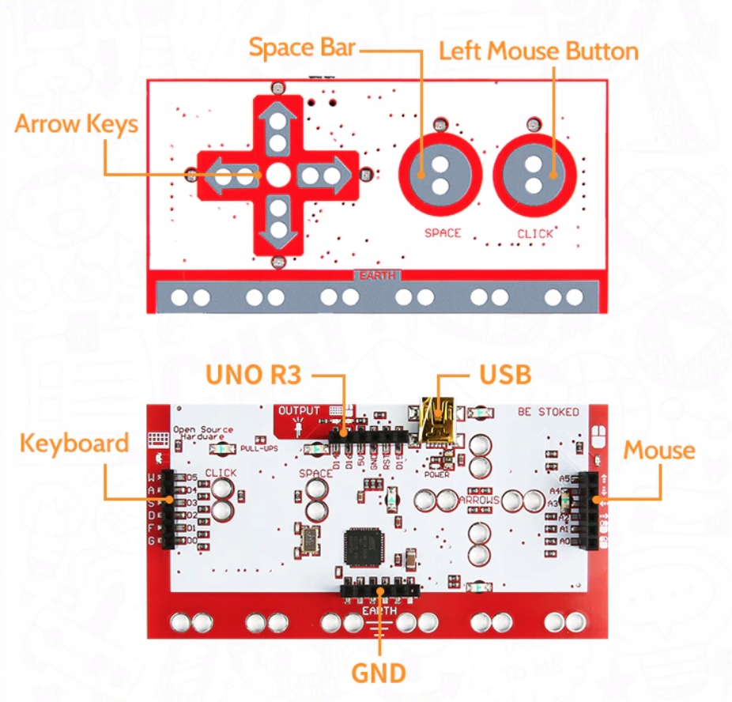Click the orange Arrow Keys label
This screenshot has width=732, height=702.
76,124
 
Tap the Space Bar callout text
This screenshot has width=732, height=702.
303,47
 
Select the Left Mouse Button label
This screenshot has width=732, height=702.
538,51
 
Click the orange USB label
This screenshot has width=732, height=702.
505,375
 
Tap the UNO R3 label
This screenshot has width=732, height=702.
253,375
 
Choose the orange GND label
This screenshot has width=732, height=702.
379,674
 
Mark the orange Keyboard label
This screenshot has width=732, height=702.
74,443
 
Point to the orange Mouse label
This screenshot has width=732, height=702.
659,451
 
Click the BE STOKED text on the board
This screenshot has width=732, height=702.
549,412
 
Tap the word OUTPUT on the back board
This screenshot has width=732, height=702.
299,411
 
